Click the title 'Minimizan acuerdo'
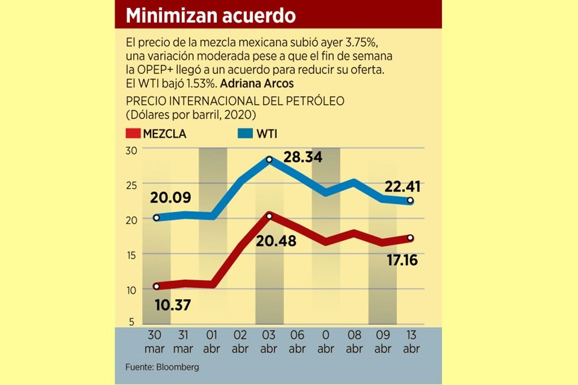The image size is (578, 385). click(x=210, y=15)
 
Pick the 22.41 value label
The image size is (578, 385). click(x=403, y=187)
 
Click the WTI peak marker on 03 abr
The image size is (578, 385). click(x=269, y=159)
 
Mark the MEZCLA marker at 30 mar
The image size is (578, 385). click(x=156, y=286)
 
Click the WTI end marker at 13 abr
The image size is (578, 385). click(x=410, y=201)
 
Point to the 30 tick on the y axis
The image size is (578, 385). click(x=132, y=150)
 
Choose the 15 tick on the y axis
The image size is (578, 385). click(x=132, y=254)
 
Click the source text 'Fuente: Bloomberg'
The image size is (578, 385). click(x=162, y=366)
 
